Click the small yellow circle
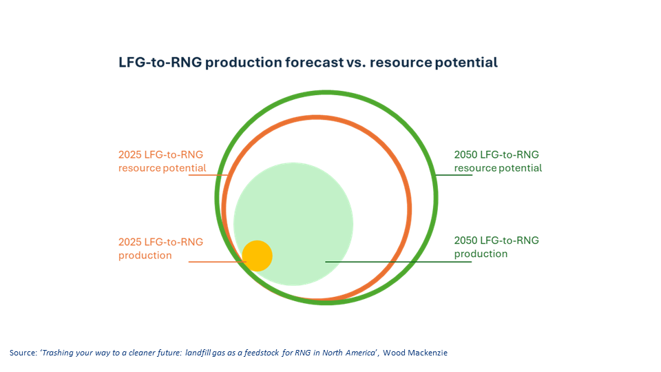258,256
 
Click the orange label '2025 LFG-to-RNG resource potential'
162,161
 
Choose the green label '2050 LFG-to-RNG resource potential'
498,161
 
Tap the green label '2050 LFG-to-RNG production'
496,247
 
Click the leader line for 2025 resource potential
207,175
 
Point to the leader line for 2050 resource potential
454,175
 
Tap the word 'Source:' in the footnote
23,353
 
